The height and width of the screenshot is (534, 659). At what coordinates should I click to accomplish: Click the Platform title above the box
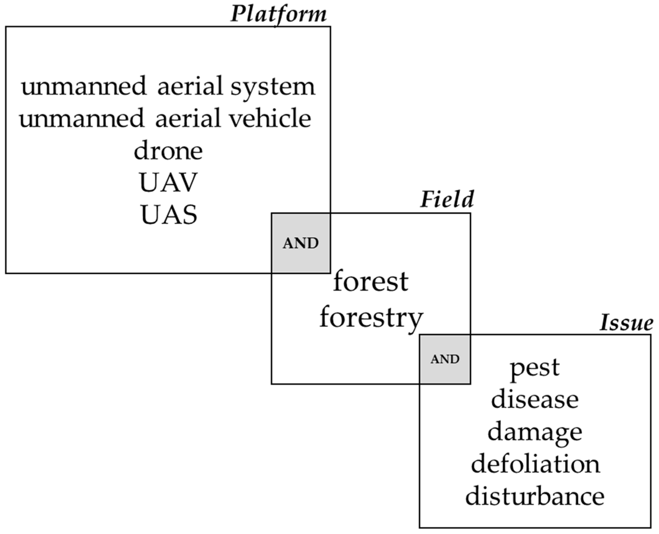(278, 14)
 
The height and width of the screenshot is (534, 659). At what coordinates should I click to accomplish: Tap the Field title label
(447, 199)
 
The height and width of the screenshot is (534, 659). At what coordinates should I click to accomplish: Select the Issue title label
(626, 323)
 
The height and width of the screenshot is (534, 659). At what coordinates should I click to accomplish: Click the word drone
(168, 151)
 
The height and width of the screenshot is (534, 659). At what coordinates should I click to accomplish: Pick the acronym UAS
(169, 215)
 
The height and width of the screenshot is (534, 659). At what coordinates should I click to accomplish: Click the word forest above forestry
(371, 281)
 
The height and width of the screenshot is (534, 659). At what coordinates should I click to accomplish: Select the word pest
(535, 368)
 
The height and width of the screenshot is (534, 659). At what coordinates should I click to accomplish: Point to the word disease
(535, 400)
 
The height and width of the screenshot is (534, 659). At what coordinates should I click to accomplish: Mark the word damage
(535, 432)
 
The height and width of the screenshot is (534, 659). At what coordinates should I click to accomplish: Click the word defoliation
(535, 464)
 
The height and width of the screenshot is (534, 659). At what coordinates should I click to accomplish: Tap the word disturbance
(535, 497)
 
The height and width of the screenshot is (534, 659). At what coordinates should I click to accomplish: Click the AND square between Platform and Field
(301, 243)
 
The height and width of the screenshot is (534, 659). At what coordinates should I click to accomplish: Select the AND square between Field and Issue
(445, 359)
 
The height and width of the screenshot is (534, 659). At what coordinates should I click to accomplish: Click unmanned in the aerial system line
(84, 86)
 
